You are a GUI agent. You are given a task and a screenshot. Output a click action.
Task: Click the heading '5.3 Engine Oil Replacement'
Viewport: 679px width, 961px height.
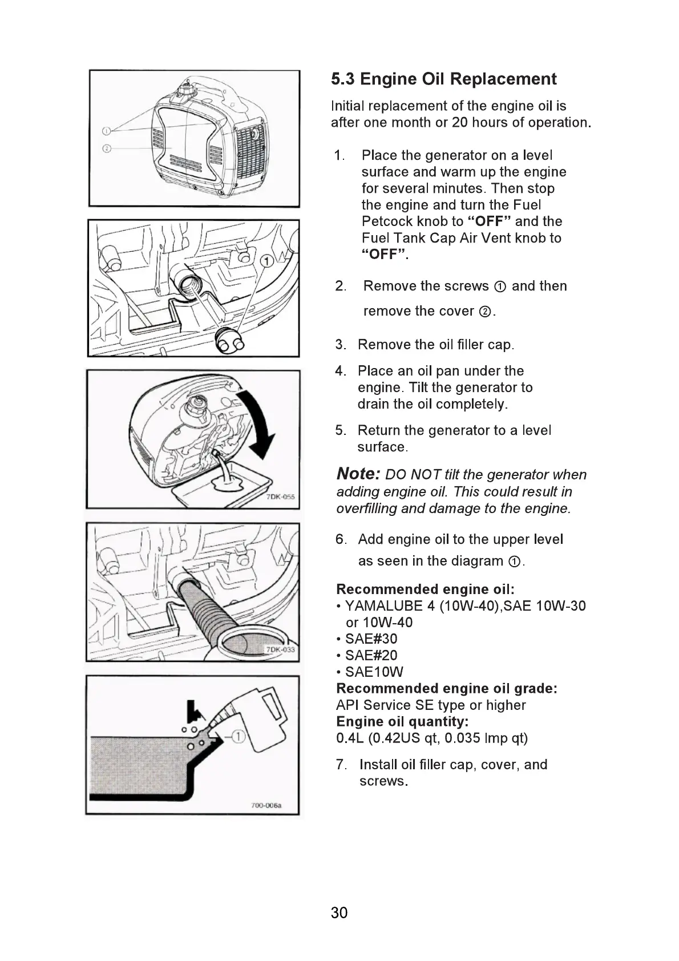point(443,79)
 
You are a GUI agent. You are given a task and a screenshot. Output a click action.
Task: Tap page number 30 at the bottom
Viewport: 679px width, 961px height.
point(339,912)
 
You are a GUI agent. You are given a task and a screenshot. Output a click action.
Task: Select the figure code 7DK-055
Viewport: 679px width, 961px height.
point(280,497)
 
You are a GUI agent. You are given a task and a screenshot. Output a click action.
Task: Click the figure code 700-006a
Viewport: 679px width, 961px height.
point(266,806)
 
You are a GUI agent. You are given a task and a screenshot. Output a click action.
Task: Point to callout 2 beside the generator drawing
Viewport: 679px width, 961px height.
point(106,149)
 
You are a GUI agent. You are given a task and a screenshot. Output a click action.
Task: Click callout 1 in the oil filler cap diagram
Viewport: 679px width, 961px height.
point(266,262)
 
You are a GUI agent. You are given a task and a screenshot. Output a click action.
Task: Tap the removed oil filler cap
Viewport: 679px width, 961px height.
point(229,341)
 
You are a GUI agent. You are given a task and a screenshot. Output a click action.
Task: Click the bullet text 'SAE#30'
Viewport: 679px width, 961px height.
point(371,639)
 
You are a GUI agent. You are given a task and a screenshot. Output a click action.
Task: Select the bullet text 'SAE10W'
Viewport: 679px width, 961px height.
point(374,672)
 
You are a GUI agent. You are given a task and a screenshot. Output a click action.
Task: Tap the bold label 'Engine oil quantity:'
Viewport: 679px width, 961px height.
point(402,721)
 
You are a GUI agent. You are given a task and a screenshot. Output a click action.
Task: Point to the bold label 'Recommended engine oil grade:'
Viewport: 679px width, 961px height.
point(447,688)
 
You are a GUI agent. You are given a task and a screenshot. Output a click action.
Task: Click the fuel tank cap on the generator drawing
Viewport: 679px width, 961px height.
point(187,90)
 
